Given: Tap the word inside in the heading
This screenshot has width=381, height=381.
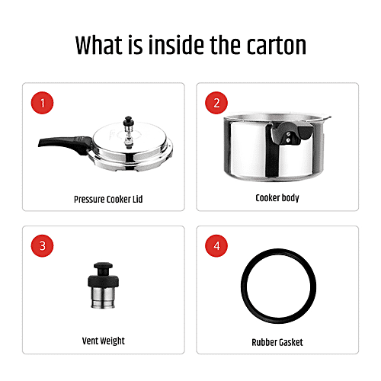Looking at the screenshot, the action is coord(177,45).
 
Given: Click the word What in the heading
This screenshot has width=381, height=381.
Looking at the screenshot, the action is coord(99,45).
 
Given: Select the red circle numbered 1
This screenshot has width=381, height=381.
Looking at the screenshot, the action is coord(42,103).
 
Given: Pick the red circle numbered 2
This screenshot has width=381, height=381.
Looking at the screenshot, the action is coord(216,103).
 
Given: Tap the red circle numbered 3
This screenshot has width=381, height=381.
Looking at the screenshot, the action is coord(42,246).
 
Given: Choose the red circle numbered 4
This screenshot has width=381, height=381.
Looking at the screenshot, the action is coord(216,246).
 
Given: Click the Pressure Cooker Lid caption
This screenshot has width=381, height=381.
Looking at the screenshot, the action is coord(108,200).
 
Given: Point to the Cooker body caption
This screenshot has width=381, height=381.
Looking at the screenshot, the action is coord(277,198).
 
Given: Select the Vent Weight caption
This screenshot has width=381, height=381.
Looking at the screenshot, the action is coord(104,341).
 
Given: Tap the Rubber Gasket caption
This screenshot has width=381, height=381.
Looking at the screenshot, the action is coord(277,342).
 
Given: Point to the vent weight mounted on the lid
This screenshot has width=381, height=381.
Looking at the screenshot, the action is coord(129,132).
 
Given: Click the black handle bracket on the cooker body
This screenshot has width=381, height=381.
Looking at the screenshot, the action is coord(290,133).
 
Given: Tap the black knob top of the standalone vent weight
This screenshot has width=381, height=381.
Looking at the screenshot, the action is coord(103,275).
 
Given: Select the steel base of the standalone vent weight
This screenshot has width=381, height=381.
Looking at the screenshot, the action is coord(103,298).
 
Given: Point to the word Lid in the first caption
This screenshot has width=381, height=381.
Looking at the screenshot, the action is coord(137,199).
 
